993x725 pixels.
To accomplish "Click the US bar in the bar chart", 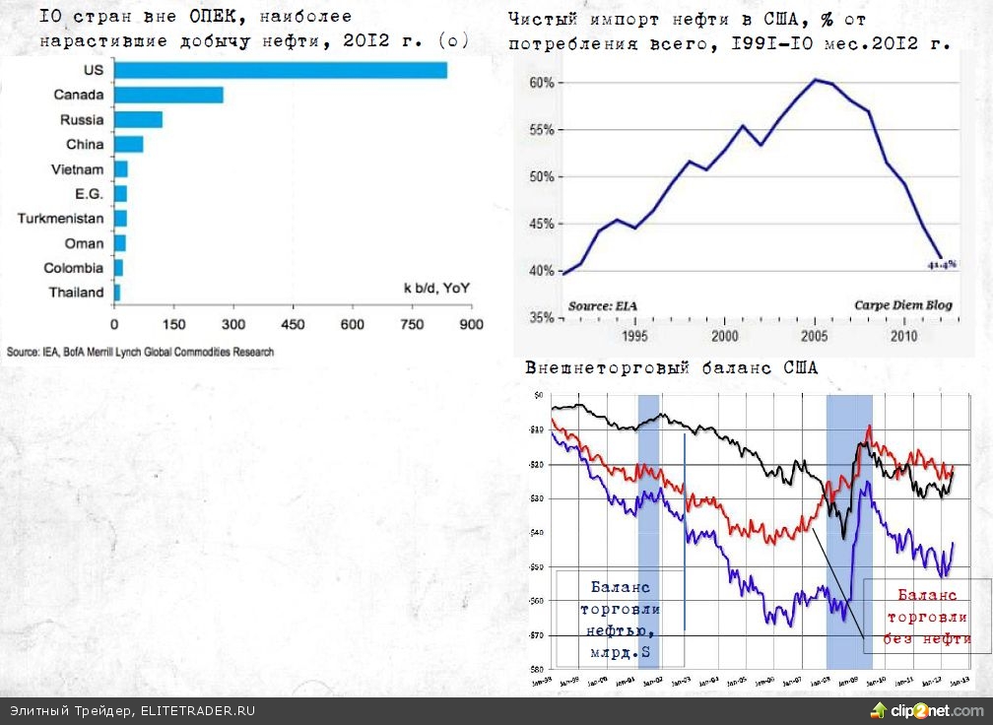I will coord(281,70).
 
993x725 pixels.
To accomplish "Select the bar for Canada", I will coord(168,95).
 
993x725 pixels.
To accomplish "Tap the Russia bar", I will coord(138,119).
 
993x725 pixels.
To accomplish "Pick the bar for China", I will coord(128,145).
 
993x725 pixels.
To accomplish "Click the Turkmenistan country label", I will coord(60,218).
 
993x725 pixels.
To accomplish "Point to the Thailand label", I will coord(76,293).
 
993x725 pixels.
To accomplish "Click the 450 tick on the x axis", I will coord(293,324).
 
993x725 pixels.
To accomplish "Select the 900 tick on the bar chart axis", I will coord(472,324).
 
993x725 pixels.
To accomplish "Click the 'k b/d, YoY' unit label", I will coord(436,288).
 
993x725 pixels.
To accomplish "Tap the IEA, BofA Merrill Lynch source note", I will coord(140,352).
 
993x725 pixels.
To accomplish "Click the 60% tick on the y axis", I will coord(542,83).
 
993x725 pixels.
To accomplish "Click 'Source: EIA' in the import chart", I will coord(603,305).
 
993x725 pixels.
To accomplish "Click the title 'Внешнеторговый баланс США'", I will coord(671,368).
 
